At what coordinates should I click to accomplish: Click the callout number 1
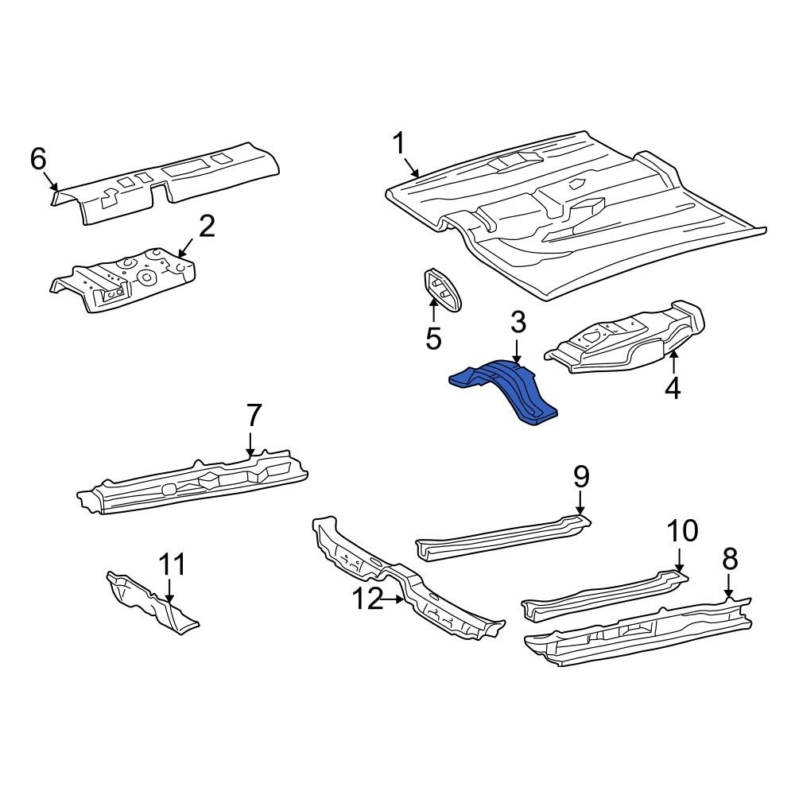(x=400, y=143)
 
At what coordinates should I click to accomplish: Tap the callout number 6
(x=38, y=159)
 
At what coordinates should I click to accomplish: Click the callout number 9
(x=581, y=477)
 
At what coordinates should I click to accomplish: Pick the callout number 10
(x=682, y=531)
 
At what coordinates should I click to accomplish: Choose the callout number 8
(x=729, y=559)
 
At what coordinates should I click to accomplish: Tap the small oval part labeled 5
(x=443, y=289)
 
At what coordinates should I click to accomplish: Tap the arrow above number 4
(x=674, y=363)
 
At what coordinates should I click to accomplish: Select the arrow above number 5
(x=434, y=310)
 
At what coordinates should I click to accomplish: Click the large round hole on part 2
(x=148, y=277)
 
